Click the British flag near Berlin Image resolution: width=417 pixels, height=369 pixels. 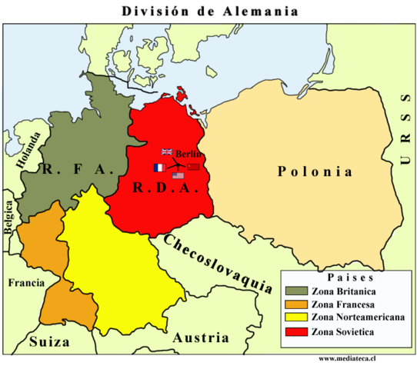167,152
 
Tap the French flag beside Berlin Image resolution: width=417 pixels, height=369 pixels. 158,168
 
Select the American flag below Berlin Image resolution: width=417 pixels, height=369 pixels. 178,176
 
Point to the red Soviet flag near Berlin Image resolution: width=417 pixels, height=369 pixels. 193,167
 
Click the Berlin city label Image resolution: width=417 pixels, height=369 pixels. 188,153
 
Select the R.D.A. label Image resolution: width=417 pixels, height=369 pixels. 162,187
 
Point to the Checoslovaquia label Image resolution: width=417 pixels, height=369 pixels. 218,263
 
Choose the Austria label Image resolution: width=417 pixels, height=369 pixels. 200,337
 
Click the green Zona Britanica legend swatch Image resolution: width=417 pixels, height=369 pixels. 295,291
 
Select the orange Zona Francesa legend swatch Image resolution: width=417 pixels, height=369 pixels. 295,304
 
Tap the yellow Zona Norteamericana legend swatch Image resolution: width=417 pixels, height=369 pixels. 295,317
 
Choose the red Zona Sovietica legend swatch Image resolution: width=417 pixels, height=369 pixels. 295,331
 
